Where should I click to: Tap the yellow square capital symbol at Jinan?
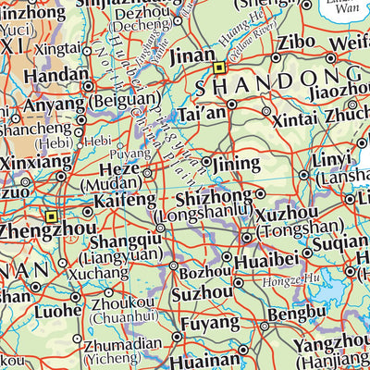219,68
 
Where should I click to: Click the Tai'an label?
200,116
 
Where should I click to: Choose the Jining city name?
236,164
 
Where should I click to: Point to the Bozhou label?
203,272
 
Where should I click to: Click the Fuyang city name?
206,325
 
